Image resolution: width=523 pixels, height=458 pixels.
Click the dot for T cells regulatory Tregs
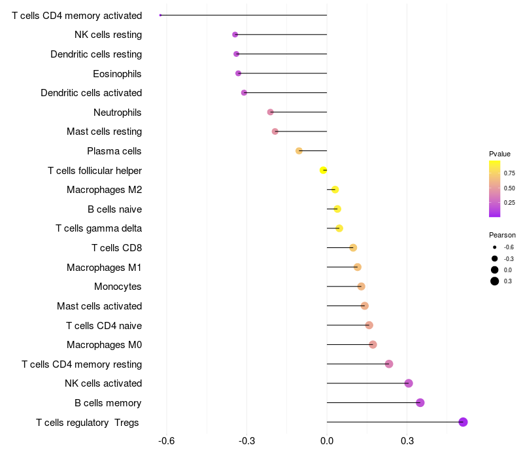[x=463, y=422]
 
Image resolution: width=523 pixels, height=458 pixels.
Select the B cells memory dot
[x=420, y=402]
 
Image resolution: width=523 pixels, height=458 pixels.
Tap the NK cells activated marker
[x=409, y=383]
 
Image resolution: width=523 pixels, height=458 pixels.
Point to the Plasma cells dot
[x=299, y=150]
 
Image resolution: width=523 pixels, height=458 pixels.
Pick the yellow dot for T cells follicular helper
[x=323, y=170]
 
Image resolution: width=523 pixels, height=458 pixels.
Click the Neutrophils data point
[x=270, y=112]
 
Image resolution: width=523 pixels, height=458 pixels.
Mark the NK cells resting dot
[x=235, y=34]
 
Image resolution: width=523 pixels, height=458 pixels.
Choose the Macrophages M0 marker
[x=373, y=345]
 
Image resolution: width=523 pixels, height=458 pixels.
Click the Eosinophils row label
[x=117, y=73]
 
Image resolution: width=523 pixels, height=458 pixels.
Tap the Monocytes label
[x=118, y=287]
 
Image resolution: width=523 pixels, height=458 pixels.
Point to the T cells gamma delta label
[x=99, y=228]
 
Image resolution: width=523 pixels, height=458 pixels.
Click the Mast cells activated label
[x=99, y=306]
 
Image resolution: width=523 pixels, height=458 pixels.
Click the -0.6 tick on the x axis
[x=166, y=441]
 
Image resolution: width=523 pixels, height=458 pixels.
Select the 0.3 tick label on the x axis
[x=407, y=441]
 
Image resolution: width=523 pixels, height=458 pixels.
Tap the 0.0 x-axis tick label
[x=327, y=441]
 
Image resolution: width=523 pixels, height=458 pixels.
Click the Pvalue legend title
[x=499, y=154]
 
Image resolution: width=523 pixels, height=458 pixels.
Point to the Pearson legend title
[x=502, y=235]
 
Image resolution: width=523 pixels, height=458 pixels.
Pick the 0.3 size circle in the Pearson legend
[x=495, y=281]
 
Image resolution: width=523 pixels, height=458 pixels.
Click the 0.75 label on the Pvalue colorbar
[x=509, y=173]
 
